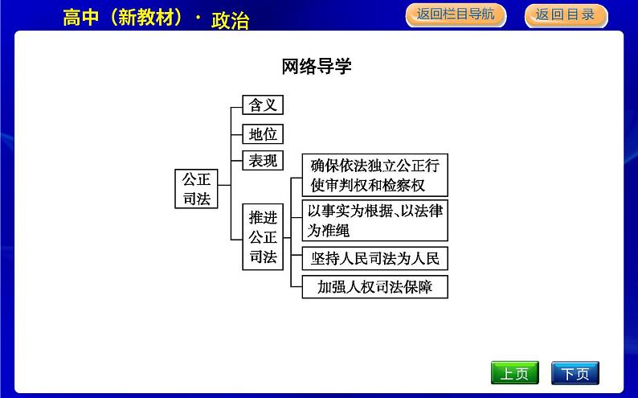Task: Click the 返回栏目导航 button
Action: [x=456, y=14]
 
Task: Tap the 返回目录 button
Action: [x=565, y=14]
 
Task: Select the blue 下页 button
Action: [x=575, y=373]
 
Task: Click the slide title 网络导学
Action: [x=317, y=66]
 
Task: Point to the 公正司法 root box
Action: [x=196, y=189]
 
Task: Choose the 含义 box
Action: [x=263, y=105]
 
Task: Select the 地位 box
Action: [x=263, y=133]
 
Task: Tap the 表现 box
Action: [x=263, y=160]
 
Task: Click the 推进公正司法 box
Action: [x=263, y=237]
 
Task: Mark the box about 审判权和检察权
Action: [x=374, y=175]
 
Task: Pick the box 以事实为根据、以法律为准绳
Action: [x=374, y=220]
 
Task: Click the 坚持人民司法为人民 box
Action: [x=374, y=259]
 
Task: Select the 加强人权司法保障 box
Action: [x=374, y=286]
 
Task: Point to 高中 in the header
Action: [x=78, y=18]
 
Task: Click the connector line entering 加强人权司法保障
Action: [x=296, y=286]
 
